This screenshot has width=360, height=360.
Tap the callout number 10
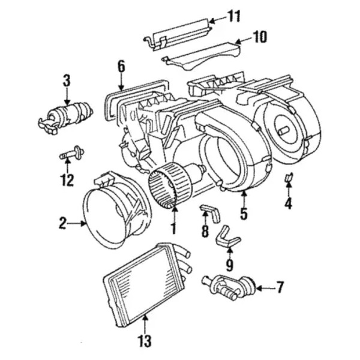coord(259,37)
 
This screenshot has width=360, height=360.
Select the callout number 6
coord(121,65)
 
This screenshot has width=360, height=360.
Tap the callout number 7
coord(280,288)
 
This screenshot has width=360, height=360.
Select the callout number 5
coord(243,212)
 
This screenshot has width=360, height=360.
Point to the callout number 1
coord(173,229)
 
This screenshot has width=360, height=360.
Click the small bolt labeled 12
coord(73,155)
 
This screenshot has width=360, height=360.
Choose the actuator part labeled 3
coord(65,113)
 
